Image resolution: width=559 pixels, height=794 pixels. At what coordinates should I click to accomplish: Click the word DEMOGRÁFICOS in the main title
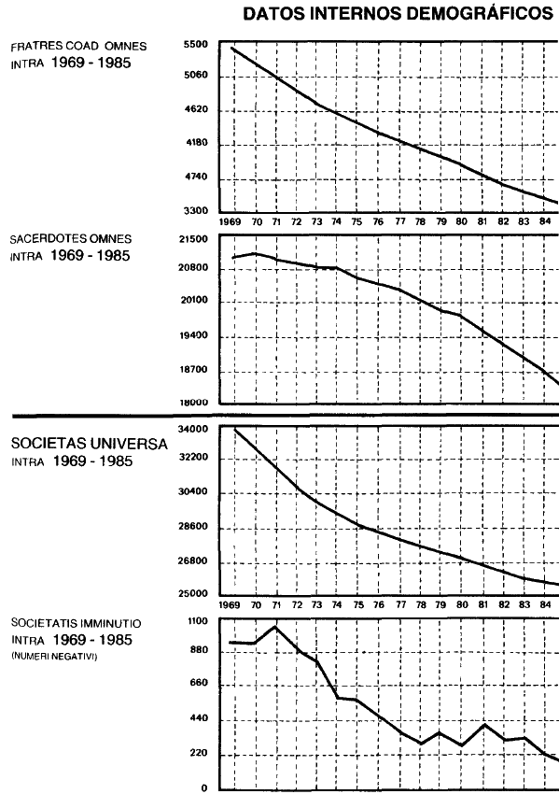(479, 14)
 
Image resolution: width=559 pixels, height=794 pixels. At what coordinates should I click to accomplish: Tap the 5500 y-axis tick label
(196, 45)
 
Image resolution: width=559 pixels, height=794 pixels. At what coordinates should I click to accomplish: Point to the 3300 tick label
(196, 211)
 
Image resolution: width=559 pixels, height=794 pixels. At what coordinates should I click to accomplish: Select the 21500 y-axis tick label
(194, 239)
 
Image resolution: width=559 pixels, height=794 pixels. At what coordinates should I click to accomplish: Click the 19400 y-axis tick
(194, 335)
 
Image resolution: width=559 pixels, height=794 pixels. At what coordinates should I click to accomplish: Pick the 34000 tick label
(194, 430)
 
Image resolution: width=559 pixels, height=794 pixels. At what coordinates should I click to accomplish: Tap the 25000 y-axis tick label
(194, 594)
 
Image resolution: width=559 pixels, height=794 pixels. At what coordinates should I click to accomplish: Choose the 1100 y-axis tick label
(198, 621)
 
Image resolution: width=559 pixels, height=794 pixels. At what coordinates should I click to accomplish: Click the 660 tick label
(200, 683)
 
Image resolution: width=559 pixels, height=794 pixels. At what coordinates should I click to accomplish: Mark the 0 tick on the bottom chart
(204, 787)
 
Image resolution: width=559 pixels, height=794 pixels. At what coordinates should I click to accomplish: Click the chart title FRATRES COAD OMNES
(78, 46)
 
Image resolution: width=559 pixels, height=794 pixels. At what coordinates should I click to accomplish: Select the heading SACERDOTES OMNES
(71, 238)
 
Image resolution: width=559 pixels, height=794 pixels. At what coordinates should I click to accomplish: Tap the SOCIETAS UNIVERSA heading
(89, 444)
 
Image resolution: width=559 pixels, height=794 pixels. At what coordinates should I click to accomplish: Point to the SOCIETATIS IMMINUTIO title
(76, 623)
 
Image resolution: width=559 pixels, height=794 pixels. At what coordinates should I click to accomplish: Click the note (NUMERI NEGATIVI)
(54, 657)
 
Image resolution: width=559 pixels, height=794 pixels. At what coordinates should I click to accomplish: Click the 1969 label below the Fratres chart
(230, 221)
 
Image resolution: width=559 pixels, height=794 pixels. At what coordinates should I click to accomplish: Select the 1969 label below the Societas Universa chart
(230, 604)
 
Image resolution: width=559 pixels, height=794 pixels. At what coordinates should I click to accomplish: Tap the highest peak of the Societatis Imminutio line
(275, 627)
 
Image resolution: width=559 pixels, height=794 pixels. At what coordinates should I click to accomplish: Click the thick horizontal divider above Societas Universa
(286, 416)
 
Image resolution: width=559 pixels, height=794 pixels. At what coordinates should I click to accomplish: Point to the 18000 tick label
(194, 404)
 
